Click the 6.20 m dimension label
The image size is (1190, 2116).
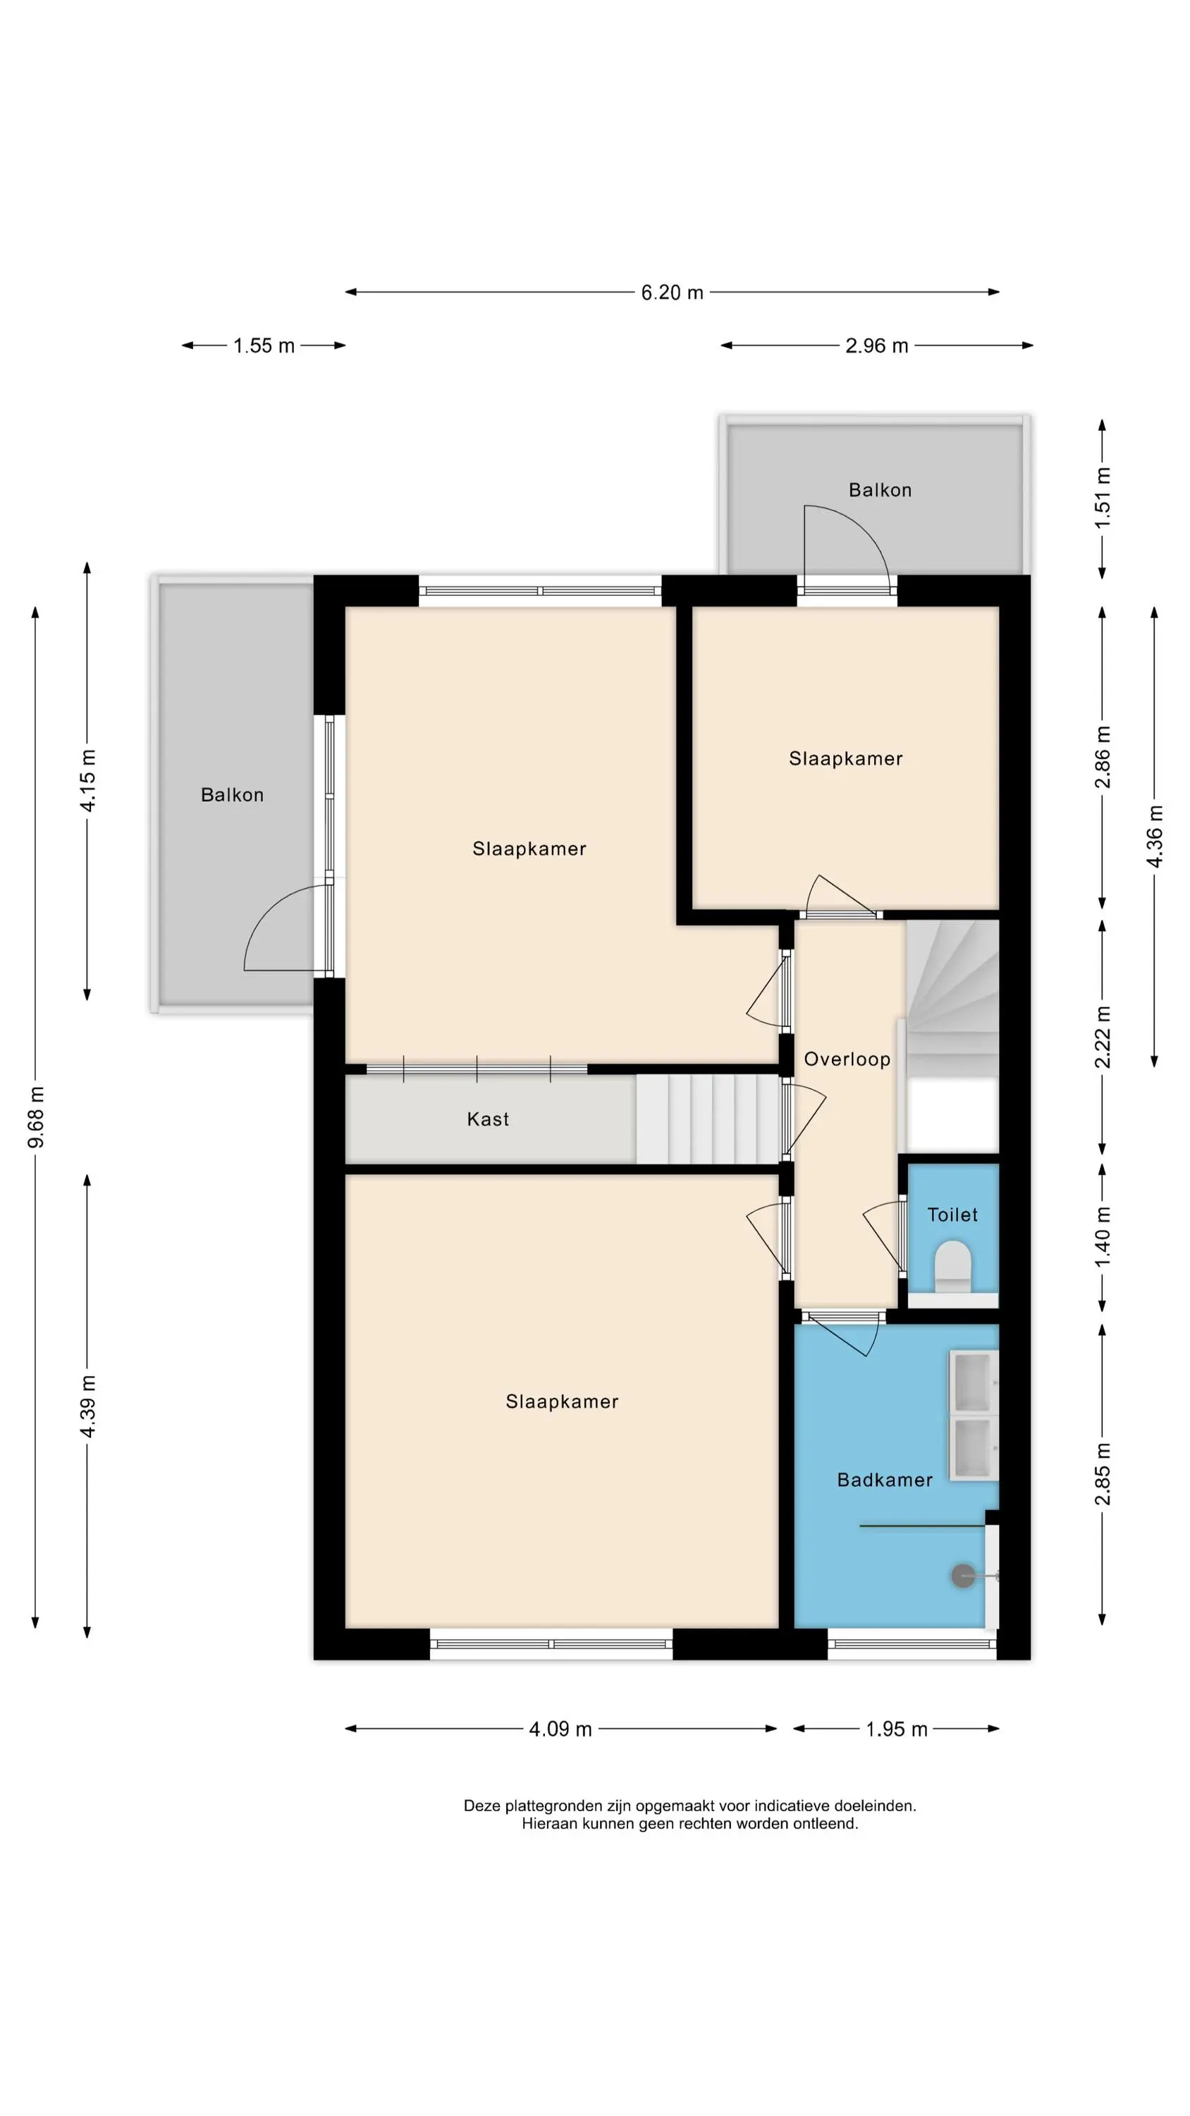tap(672, 293)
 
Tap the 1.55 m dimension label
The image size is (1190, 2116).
tap(264, 346)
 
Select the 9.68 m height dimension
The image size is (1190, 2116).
tap(36, 1117)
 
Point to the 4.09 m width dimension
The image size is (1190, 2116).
tap(560, 1729)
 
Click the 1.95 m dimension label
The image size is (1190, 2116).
tap(896, 1729)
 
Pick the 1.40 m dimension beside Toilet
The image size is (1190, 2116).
tap(1102, 1236)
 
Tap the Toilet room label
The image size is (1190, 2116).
tap(952, 1215)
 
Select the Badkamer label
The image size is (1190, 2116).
tap(885, 1480)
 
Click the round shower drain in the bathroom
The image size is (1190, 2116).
tap(962, 1576)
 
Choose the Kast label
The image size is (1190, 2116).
tap(488, 1119)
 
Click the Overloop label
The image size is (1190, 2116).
tap(847, 1059)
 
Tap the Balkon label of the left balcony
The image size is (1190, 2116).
tap(233, 795)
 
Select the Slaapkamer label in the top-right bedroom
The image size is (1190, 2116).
tap(846, 759)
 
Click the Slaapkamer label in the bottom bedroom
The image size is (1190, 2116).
tap(562, 1402)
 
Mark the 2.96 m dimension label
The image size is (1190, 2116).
tap(876, 346)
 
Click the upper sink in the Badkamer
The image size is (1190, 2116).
tap(973, 1381)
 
